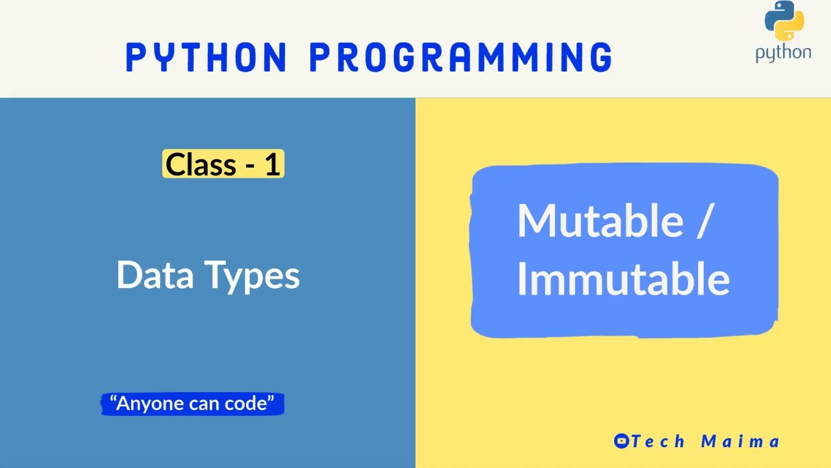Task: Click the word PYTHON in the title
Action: (x=206, y=57)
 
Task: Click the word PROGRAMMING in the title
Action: (x=461, y=57)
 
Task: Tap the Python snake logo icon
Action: (x=784, y=21)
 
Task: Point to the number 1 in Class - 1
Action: (x=271, y=164)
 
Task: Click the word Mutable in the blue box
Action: (x=600, y=220)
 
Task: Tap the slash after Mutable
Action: (x=705, y=221)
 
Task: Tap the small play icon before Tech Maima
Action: (x=621, y=441)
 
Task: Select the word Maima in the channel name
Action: (x=740, y=441)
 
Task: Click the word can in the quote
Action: (x=205, y=404)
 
